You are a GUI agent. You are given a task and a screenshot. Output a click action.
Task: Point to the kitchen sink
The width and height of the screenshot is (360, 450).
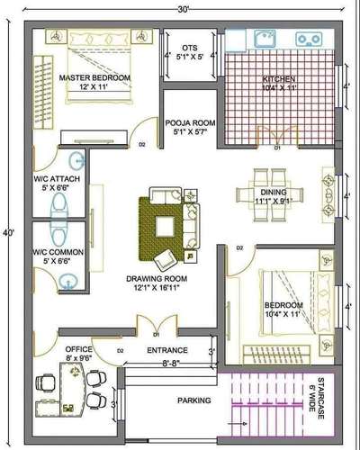[264, 38]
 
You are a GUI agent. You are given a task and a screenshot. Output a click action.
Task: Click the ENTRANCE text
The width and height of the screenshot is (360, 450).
[167, 350]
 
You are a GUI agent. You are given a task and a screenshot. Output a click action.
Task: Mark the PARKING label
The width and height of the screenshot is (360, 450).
[193, 400]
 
